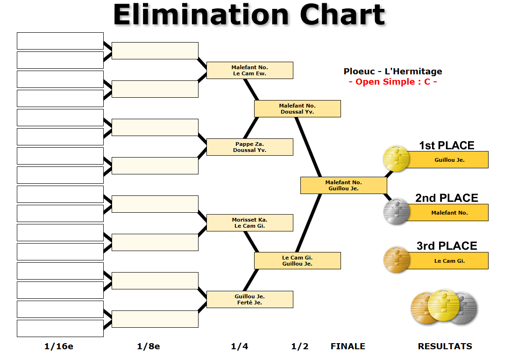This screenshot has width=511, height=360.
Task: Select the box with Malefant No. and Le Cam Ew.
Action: (249, 70)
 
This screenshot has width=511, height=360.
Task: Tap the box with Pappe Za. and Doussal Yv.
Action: (249, 147)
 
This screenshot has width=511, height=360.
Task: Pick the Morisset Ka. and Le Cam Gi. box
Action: (249, 223)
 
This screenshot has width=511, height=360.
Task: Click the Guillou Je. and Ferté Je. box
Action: (249, 299)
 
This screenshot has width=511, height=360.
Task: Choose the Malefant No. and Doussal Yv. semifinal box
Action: (297, 108)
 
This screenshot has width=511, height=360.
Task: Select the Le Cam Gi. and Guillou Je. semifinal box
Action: (297, 260)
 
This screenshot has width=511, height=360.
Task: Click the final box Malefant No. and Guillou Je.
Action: (343, 185)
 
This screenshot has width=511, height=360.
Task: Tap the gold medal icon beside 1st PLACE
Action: (396, 158)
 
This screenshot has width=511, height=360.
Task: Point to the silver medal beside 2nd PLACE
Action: (396, 211)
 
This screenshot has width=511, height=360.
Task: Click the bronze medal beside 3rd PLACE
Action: (396, 259)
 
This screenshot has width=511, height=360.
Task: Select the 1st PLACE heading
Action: (447, 145)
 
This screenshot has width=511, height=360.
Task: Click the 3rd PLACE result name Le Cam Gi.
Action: (449, 261)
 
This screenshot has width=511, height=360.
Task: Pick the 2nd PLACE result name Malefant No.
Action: (449, 213)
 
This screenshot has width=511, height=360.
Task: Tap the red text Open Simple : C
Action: (393, 82)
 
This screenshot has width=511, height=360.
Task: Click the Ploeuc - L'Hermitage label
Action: (393, 72)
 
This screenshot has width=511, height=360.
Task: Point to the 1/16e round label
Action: (59, 346)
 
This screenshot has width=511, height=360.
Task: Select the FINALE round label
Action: (348, 346)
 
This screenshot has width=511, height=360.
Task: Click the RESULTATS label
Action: (445, 346)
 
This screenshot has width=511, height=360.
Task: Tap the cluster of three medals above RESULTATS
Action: (444, 306)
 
